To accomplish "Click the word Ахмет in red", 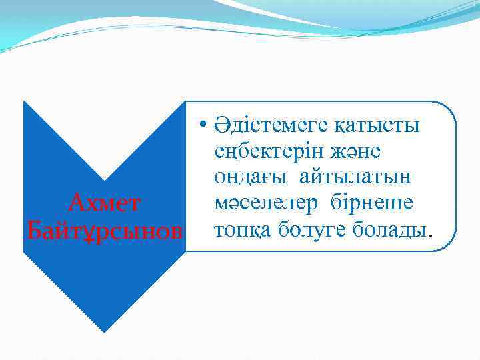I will (x=104, y=201).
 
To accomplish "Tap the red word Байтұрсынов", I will (x=104, y=230).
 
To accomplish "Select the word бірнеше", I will (x=373, y=203).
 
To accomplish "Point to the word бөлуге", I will (x=309, y=229).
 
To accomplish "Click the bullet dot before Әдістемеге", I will (x=202, y=125).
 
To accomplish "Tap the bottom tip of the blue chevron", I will (x=104, y=331).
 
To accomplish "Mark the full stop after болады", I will (x=431, y=235).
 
